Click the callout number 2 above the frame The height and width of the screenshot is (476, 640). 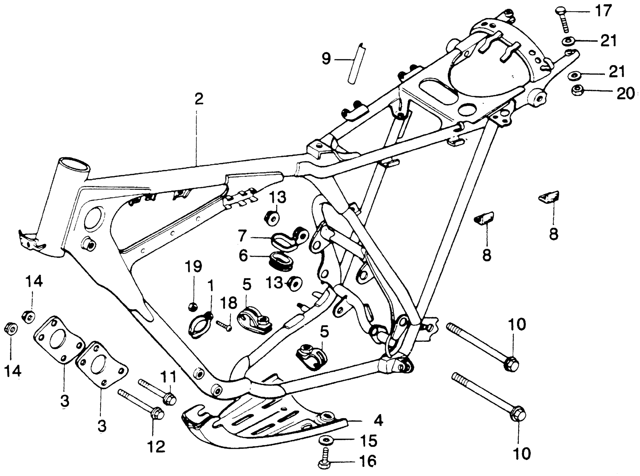[199, 99]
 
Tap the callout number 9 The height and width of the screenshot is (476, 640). [326, 59]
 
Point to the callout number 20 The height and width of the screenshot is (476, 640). [625, 93]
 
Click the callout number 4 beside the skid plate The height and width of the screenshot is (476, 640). [378, 421]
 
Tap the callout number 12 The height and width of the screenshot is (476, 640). [157, 446]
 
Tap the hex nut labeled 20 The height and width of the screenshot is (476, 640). [577, 91]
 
